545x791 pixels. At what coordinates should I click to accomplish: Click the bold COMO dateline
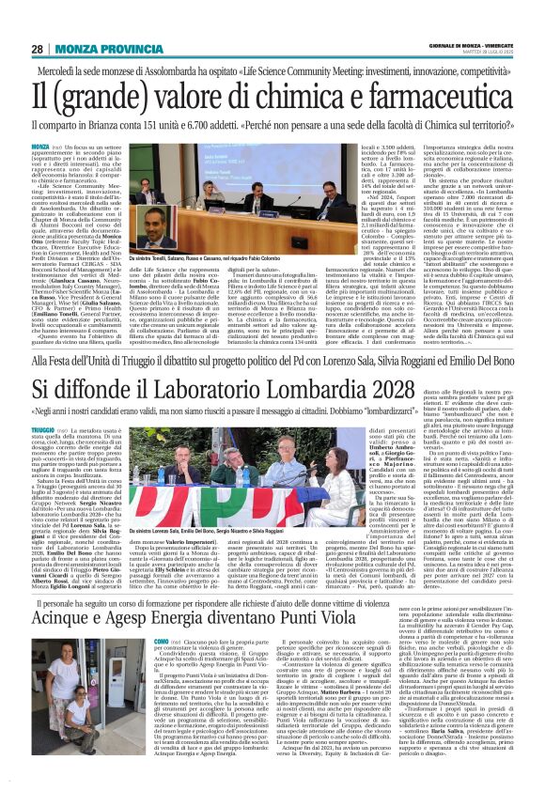(163, 638)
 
